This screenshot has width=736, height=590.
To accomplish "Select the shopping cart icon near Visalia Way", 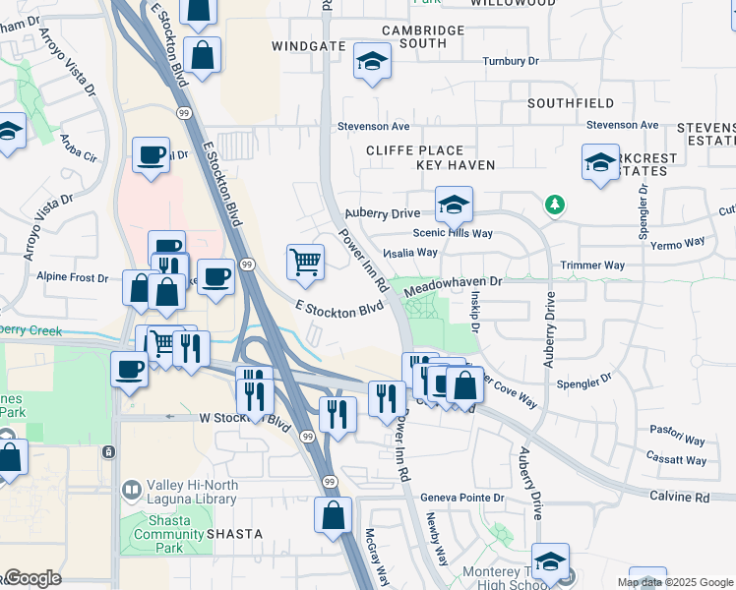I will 305,262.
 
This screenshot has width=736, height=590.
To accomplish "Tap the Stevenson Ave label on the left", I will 373,127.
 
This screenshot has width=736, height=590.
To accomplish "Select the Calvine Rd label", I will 686,498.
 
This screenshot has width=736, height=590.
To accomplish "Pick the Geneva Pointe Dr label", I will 462,498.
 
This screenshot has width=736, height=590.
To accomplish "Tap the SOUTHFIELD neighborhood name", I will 571,103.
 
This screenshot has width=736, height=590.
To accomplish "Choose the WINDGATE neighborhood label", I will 305,45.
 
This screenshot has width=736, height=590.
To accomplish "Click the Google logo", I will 32,578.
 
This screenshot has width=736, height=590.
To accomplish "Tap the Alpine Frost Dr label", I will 72,278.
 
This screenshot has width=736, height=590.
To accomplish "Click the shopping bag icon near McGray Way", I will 334,515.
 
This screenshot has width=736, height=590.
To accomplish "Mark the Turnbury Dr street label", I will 512,61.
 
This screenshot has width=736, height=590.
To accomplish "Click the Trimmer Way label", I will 591,265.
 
